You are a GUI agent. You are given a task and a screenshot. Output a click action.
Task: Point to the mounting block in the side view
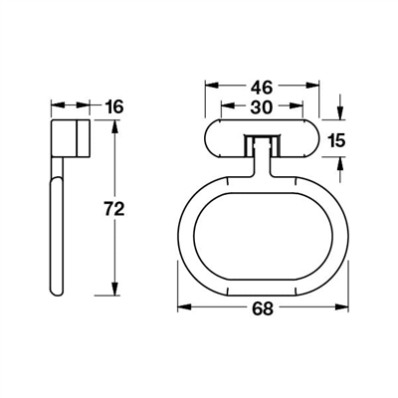[72, 138]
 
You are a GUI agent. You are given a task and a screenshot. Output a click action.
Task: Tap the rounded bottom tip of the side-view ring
[57, 291]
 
